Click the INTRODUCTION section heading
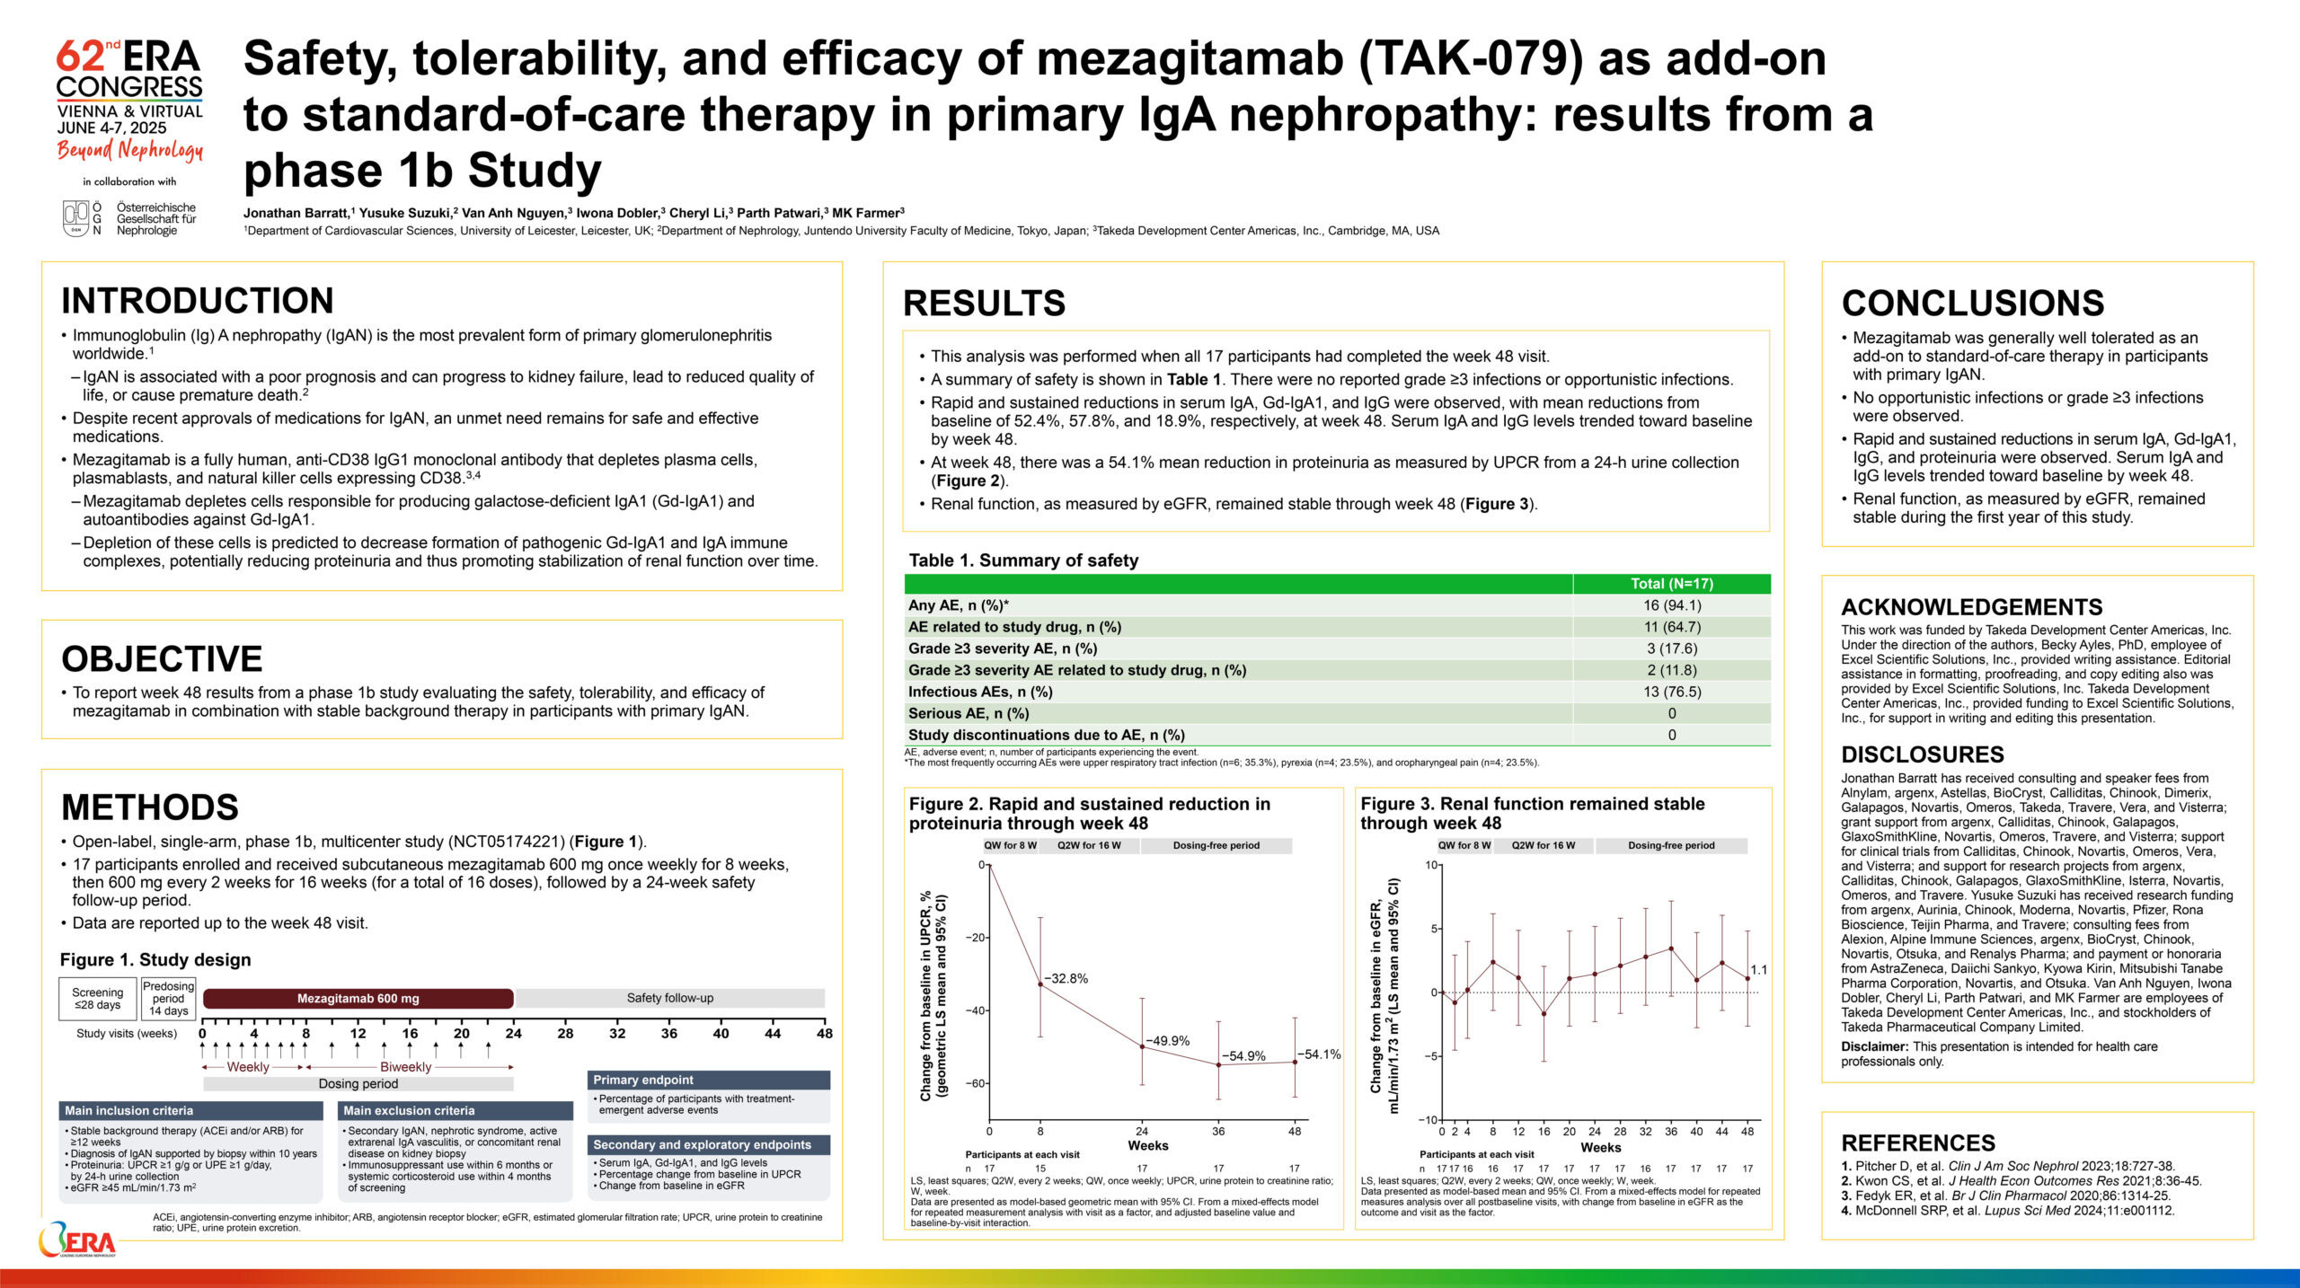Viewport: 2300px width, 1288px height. (x=197, y=301)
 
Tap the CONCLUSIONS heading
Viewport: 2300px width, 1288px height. (x=1972, y=304)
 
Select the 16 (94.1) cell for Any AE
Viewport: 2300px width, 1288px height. (x=1671, y=605)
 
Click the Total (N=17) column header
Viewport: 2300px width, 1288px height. (x=1671, y=584)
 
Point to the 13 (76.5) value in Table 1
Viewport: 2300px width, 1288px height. (x=1671, y=692)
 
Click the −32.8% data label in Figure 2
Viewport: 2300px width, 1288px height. (x=1066, y=978)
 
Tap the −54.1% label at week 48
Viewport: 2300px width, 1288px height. (x=1319, y=1054)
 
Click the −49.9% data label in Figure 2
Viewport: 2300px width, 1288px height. (x=1168, y=1041)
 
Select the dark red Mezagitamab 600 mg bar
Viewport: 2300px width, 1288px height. (x=358, y=999)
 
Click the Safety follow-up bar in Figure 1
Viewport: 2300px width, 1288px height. (x=669, y=998)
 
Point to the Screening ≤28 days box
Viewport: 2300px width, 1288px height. (x=97, y=999)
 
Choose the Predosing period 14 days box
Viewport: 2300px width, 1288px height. (x=168, y=999)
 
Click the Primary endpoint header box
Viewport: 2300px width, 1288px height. (x=709, y=1080)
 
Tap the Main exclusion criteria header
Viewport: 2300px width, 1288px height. (x=456, y=1111)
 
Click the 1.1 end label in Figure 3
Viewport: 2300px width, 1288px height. (x=1758, y=970)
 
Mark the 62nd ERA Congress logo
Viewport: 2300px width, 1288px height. (x=129, y=100)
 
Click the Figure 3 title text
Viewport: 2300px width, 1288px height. (x=1532, y=813)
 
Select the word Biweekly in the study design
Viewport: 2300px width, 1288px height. (x=405, y=1067)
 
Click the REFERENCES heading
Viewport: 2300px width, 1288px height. (x=1918, y=1143)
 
